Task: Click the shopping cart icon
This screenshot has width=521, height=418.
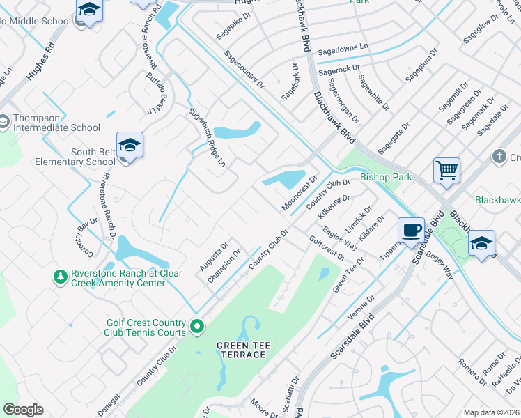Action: (446, 169)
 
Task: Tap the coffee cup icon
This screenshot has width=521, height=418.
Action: (411, 229)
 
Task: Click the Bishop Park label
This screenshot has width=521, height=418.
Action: (386, 177)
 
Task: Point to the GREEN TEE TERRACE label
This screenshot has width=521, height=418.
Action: (241, 350)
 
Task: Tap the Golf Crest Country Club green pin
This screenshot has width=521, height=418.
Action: (197, 325)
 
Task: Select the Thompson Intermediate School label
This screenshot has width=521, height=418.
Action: (56, 123)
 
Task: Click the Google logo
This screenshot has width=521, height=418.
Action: (23, 410)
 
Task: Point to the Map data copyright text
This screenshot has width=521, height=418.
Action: (492, 412)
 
